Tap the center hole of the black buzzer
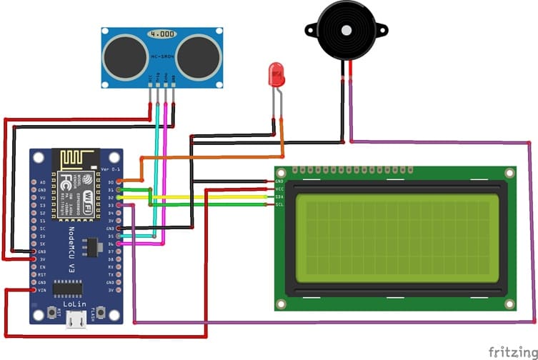point(347,31)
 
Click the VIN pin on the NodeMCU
point(34,290)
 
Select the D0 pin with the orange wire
point(119,182)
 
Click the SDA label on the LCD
point(279,196)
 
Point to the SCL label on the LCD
point(279,204)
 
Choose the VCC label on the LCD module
point(279,189)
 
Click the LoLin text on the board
point(75,304)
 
